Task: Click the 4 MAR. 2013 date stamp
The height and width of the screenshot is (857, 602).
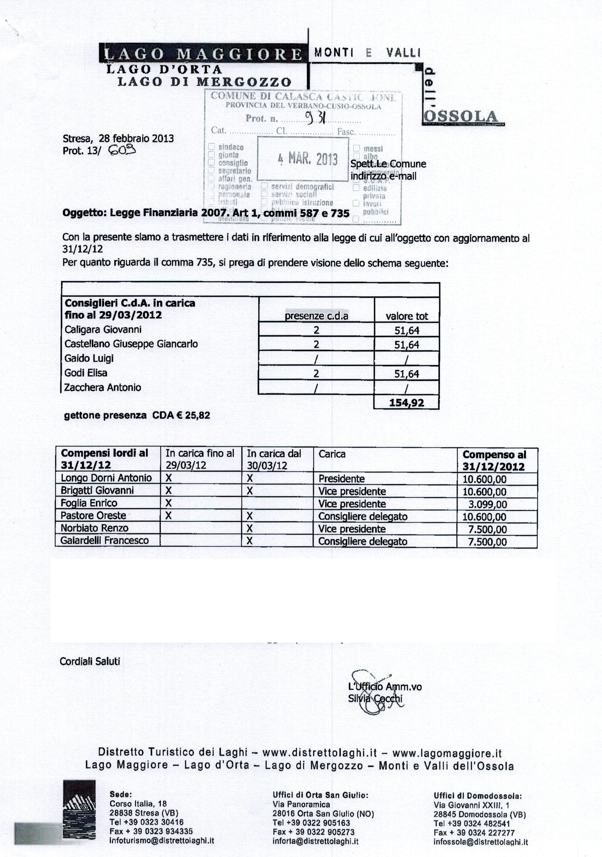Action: click(x=308, y=159)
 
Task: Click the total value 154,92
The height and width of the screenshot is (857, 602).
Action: click(x=407, y=403)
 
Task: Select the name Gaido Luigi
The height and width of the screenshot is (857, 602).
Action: click(x=89, y=358)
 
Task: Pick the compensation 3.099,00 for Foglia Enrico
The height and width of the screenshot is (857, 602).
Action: click(x=488, y=504)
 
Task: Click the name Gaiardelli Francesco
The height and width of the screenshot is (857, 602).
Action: click(x=104, y=540)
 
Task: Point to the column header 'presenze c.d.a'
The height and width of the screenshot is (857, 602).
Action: click(x=316, y=316)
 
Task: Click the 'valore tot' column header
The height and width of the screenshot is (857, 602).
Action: click(x=407, y=316)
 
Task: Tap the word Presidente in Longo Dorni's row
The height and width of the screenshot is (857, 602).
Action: click(x=341, y=479)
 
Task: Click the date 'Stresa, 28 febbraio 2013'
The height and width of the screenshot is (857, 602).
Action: click(x=118, y=139)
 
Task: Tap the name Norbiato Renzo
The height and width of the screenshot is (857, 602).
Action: click(x=94, y=528)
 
